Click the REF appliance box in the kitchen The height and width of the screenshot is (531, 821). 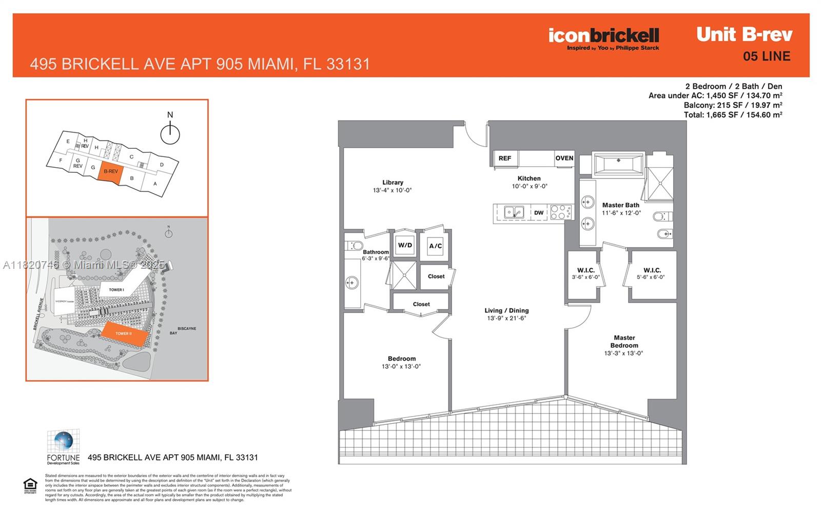(x=505, y=158)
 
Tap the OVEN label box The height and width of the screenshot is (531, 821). (x=564, y=158)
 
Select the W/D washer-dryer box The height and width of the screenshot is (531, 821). (x=405, y=245)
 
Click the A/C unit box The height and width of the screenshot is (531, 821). (x=435, y=246)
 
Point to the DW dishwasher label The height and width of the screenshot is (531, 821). (x=538, y=212)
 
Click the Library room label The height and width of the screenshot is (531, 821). (x=393, y=183)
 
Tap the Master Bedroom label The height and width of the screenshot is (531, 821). (x=624, y=342)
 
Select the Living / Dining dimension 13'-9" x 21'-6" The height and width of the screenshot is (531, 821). (x=506, y=318)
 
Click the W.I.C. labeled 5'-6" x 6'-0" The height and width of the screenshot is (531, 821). (x=652, y=273)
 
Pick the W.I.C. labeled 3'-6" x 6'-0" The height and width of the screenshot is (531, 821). (x=585, y=273)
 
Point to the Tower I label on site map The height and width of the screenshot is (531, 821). (x=116, y=290)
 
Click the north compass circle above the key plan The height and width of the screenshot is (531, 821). (x=170, y=135)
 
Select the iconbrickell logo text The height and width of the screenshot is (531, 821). (x=603, y=35)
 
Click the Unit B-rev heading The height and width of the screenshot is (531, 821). (x=744, y=34)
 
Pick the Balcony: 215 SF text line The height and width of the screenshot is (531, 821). (x=732, y=105)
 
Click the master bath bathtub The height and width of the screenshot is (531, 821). (x=618, y=164)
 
